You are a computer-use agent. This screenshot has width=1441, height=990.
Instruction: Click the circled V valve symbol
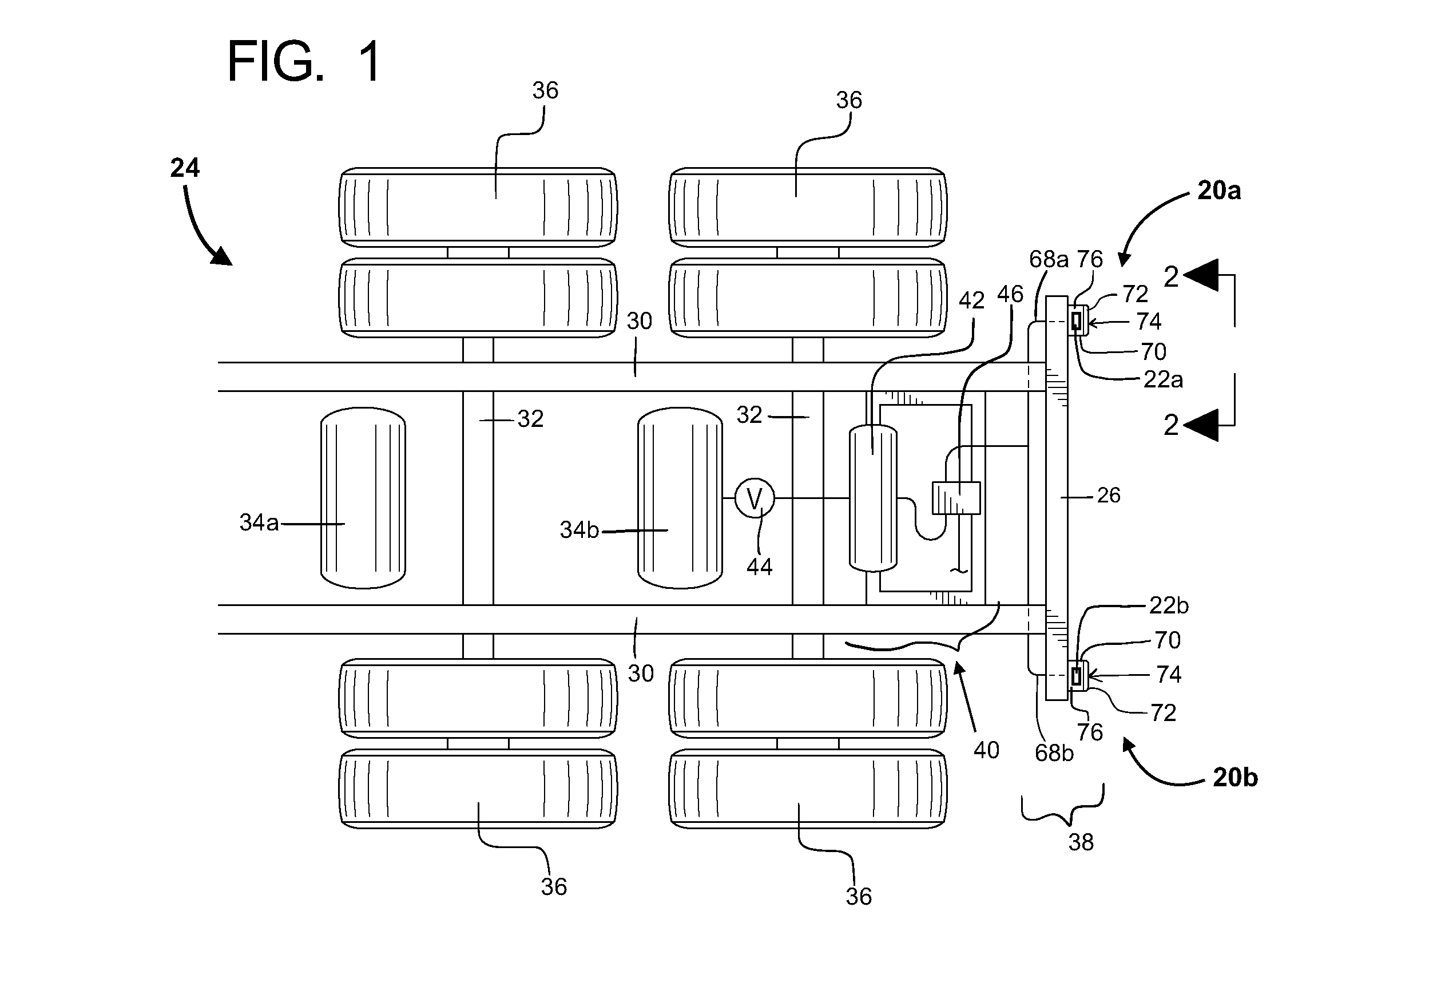pos(755,498)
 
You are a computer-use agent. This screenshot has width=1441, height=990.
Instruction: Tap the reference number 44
pos(760,567)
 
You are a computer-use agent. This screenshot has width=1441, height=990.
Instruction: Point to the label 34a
pos(259,522)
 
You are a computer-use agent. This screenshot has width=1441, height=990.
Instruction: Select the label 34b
pos(579,530)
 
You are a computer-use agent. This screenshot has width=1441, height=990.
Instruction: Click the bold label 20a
pos(1219,191)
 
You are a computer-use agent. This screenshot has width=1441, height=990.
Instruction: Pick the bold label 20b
pos(1235,777)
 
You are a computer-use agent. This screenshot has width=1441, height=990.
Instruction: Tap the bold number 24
pos(185,168)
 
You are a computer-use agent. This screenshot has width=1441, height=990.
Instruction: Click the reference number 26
pos(1109,495)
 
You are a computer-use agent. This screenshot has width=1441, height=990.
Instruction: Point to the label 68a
pos(1049,259)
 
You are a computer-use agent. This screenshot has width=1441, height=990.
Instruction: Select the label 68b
pos(1054,753)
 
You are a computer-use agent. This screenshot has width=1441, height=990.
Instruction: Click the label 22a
pos(1163,379)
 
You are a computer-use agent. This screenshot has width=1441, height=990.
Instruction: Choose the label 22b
pos(1169,605)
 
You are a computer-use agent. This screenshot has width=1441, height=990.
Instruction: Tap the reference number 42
pos(971,300)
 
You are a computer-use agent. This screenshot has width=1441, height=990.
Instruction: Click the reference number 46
pos(1010,294)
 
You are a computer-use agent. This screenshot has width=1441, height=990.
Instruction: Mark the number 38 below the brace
pos(1081,842)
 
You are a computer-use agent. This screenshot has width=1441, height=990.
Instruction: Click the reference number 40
pos(986,750)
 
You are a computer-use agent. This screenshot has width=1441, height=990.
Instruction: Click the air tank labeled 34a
pos(363,498)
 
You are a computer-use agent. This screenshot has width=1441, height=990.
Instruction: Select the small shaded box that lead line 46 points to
pos(956,498)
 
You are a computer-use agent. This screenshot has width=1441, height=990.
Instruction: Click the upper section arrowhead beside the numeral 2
pos(1201,275)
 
